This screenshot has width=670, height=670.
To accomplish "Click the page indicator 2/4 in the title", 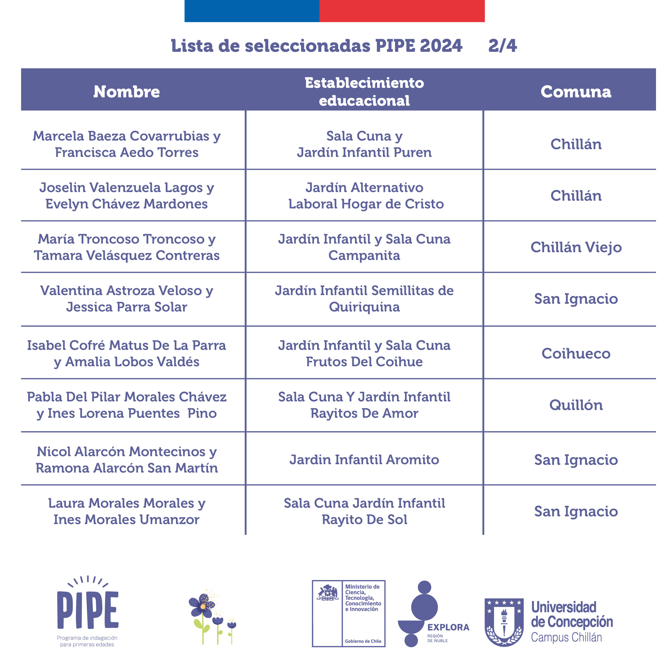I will tap(503, 46).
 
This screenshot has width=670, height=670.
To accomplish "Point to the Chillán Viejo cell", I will tap(576, 247).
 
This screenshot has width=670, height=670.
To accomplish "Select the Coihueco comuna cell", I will tap(576, 353).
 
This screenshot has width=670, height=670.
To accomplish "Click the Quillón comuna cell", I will tap(576, 405).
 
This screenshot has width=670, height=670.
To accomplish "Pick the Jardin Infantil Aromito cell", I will tap(364, 459).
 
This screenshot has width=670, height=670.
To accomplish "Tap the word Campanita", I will tap(364, 255).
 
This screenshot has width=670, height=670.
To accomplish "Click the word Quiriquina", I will tap(364, 307).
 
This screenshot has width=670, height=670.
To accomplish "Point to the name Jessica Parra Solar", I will tap(127, 307).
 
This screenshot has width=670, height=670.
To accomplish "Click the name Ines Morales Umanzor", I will tap(126, 520).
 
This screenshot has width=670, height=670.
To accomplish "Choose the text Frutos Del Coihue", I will tap(364, 362).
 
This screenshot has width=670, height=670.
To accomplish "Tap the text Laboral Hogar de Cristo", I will tap(366, 204).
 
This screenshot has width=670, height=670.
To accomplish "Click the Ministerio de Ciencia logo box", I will tap(348, 613).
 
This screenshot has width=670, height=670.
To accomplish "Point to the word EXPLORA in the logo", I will tap(448, 627).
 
